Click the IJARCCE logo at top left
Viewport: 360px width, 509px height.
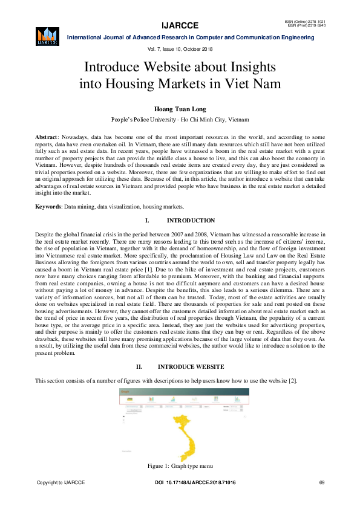47,36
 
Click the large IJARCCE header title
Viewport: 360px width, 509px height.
180,25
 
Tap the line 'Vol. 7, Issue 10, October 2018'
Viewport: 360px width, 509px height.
180,48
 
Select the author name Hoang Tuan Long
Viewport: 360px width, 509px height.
180,109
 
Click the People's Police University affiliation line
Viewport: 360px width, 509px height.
180,120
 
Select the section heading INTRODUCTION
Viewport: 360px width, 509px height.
191,221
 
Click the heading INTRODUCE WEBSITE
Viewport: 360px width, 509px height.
191,367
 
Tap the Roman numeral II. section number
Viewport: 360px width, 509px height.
139,367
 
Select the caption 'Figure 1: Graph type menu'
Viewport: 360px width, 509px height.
180,466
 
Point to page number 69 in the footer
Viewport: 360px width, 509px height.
321,482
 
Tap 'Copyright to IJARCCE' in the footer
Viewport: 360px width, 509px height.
61,482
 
